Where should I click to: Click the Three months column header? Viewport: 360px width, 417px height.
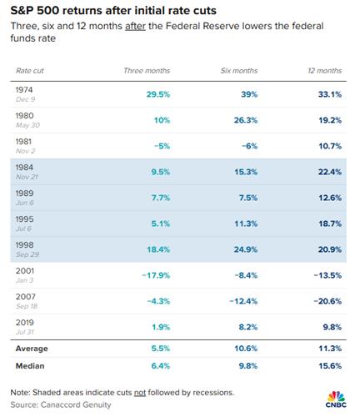(x=147, y=71)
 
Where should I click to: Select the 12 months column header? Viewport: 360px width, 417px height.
(x=324, y=71)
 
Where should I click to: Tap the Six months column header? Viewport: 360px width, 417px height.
(x=239, y=71)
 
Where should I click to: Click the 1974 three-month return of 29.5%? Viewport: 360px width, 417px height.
(x=158, y=94)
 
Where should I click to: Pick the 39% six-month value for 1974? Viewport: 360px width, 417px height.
(x=249, y=94)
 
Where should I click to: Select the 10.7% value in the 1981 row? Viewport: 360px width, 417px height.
(x=330, y=146)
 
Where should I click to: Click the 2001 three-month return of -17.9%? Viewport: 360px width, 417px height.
(x=156, y=275)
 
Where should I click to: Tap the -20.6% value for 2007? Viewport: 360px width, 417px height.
(x=327, y=301)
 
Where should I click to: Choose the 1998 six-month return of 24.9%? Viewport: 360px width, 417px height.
(x=246, y=249)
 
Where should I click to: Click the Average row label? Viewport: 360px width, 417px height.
(x=32, y=349)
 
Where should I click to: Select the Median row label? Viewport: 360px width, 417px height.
(x=30, y=366)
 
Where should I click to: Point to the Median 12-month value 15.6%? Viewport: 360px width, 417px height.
(x=330, y=366)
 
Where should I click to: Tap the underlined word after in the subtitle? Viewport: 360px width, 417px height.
(x=135, y=26)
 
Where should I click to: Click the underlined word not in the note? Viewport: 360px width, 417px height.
(x=140, y=393)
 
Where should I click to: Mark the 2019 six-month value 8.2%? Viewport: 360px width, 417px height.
(x=248, y=327)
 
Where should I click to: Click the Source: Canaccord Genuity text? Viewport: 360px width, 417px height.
(x=61, y=404)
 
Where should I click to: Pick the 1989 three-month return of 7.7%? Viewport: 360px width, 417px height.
(x=161, y=198)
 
